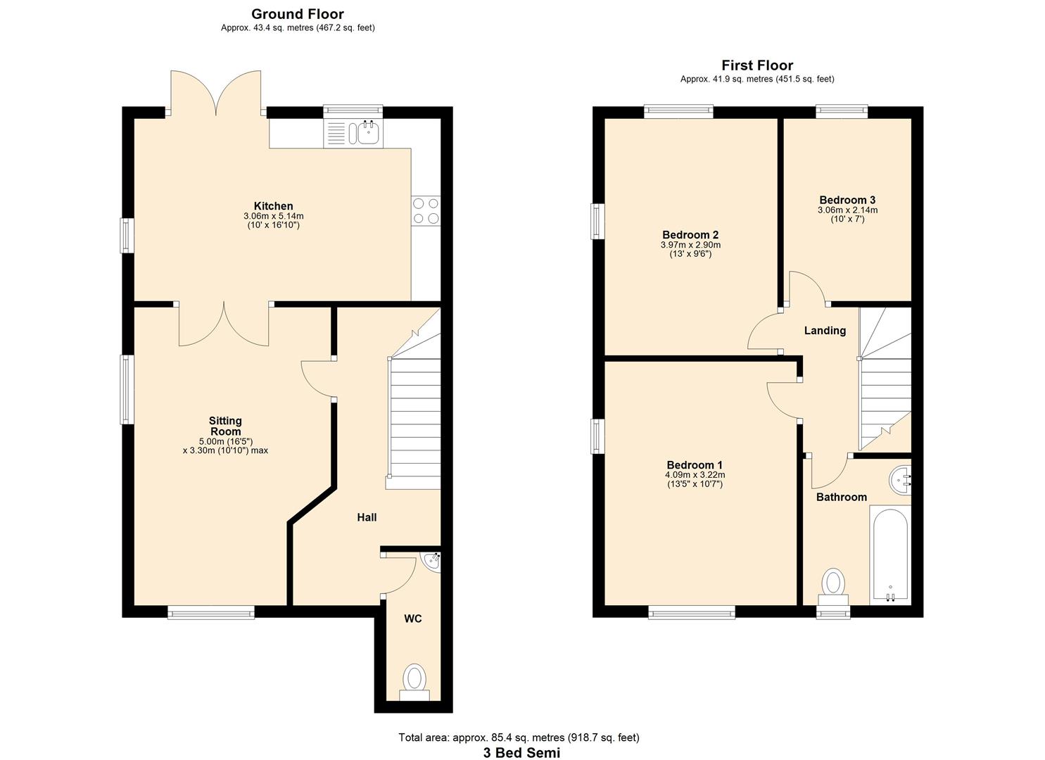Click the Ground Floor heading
[297, 14]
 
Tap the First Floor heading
[756, 65]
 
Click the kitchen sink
[367, 131]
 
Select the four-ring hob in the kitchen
[426, 210]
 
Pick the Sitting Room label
[225, 426]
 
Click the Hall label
[367, 517]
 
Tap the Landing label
[825, 331]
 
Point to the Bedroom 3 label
[847, 200]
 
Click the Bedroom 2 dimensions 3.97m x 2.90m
[690, 245]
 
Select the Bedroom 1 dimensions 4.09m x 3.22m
[695, 475]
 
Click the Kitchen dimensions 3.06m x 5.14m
[273, 216]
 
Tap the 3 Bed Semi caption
[521, 752]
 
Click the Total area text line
[519, 737]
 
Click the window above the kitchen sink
[353, 110]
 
